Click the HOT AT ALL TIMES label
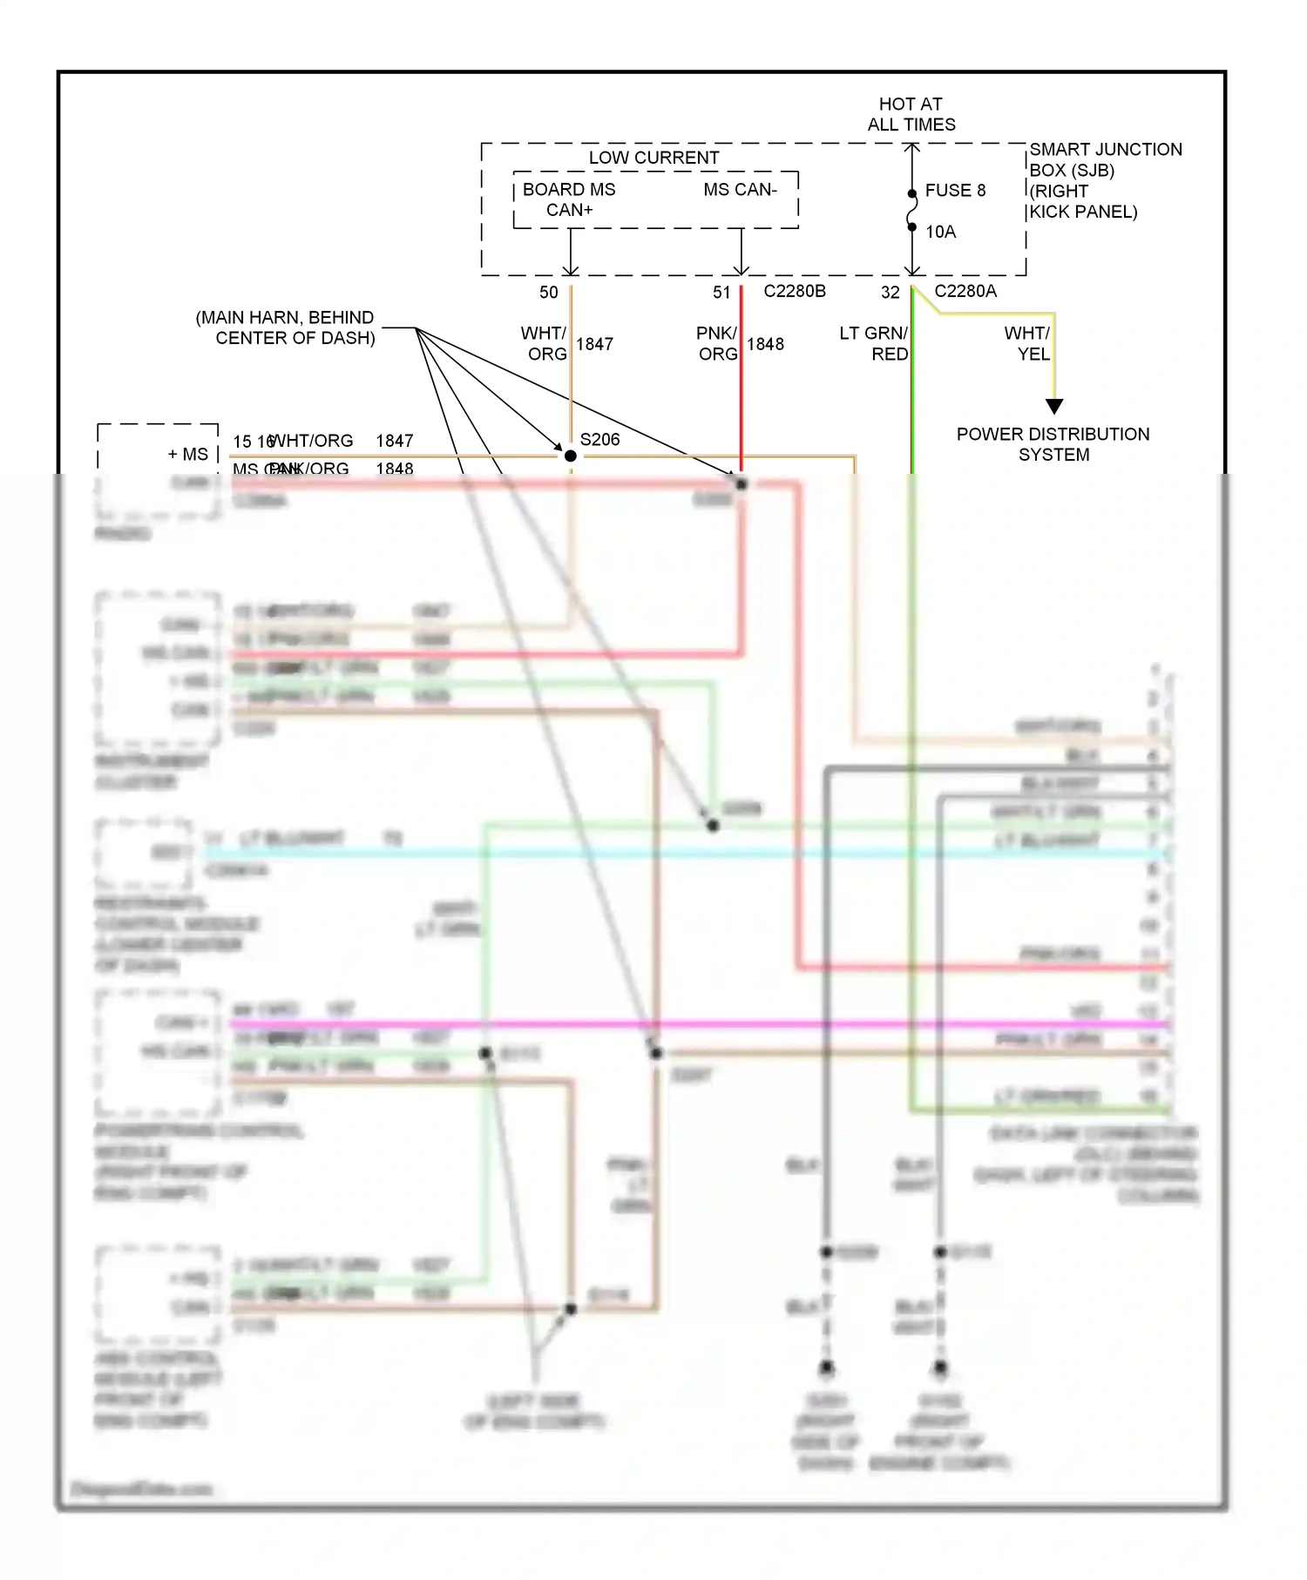[911, 114]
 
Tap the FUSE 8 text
[955, 190]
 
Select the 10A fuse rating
[940, 232]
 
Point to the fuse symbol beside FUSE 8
[912, 210]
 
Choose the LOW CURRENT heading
[653, 158]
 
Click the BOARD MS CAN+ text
[569, 199]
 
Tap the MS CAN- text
[740, 189]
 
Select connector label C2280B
[794, 291]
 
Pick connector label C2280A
[965, 291]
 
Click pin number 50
[548, 293]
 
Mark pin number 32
[890, 293]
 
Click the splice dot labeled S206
[571, 456]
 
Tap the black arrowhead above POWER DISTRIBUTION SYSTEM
[1054, 406]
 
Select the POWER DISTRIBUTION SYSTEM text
[1053, 444]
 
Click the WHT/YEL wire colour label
[1027, 343]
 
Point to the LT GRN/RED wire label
[873, 343]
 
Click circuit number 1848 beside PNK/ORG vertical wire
[765, 344]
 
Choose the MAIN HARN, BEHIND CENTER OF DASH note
[286, 327]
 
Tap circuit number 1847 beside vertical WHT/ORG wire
[594, 344]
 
